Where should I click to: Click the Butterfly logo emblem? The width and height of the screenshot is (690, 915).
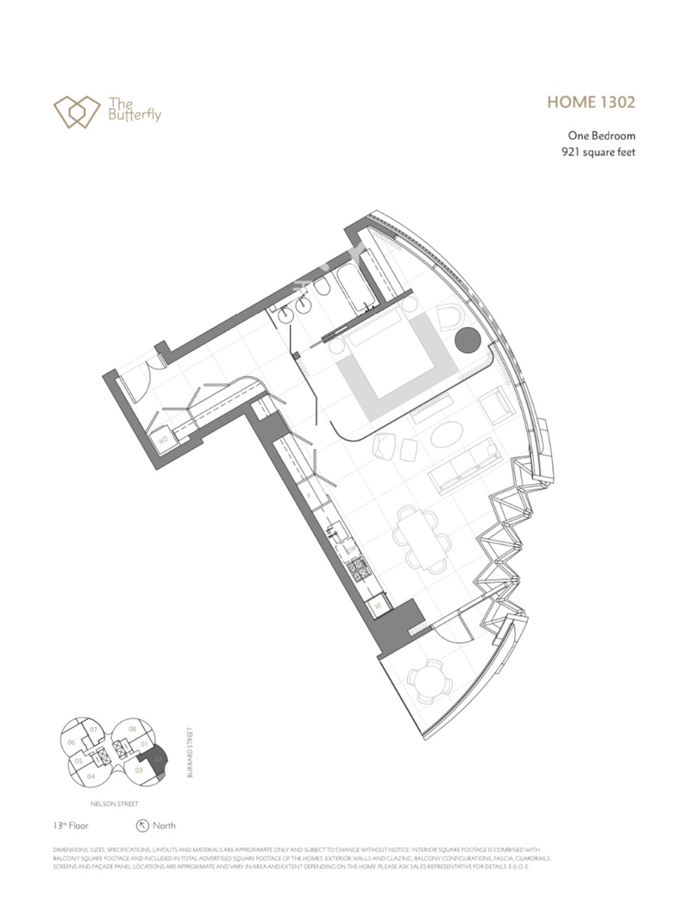72,110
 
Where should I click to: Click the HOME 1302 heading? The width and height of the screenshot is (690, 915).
591,103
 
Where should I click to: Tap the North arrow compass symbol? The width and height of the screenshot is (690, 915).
141,825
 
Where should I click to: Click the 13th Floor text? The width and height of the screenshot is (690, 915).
71,825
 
